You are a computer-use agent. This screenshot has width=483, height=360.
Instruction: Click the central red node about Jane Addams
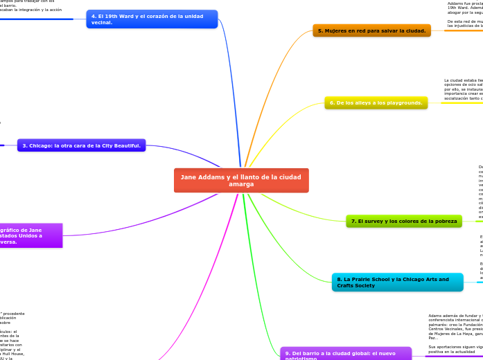click(x=241, y=181)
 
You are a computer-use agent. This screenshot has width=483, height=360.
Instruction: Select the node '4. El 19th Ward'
click(x=152, y=19)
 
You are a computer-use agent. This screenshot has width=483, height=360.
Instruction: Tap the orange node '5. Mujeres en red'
click(x=371, y=30)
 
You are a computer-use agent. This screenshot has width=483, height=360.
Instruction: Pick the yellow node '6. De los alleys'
click(x=376, y=102)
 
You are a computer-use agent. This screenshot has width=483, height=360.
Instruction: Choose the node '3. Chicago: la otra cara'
click(x=81, y=145)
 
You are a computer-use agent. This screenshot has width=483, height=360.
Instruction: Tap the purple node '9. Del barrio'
click(x=345, y=354)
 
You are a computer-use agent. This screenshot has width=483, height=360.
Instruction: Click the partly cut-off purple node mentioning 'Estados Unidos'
click(x=31, y=235)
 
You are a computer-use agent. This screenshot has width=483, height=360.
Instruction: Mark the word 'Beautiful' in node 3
click(x=123, y=145)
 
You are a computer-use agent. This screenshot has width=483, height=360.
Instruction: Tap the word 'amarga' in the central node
click(x=241, y=185)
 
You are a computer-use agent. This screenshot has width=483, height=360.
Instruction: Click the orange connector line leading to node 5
click(x=277, y=55)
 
